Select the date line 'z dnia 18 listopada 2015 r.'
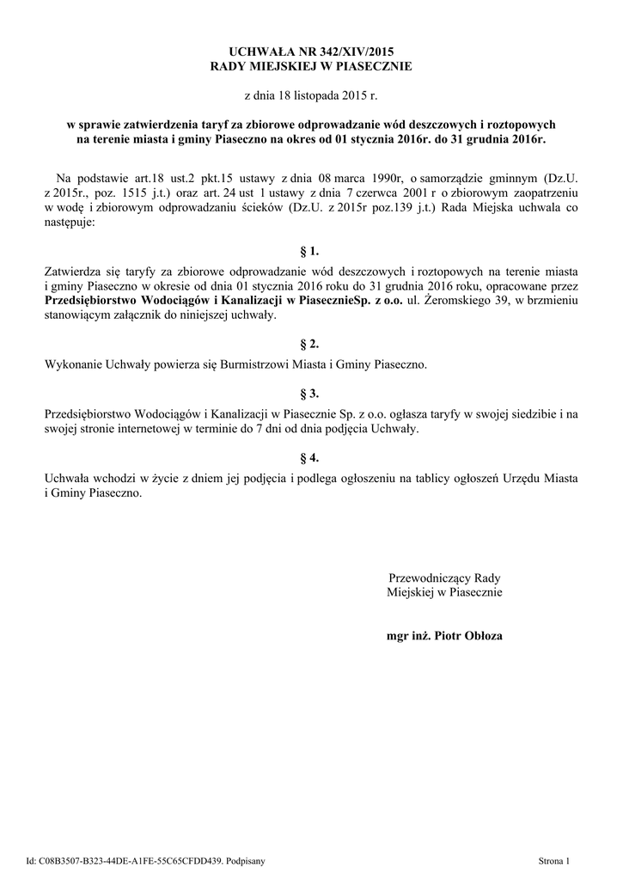coord(311,94)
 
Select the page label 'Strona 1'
coord(554,859)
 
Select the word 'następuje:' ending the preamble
coord(70,223)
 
